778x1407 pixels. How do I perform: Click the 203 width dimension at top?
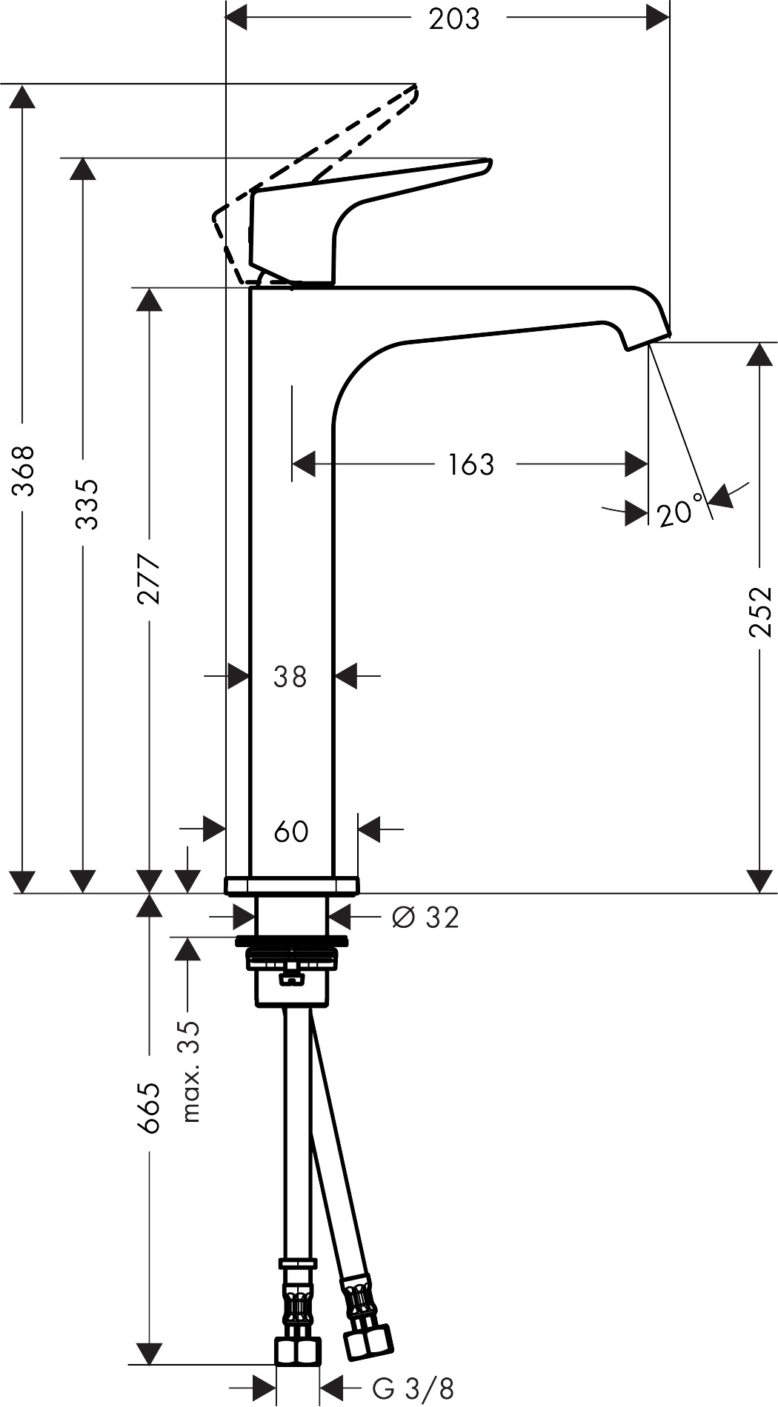[x=454, y=19]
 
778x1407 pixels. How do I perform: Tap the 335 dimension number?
[x=87, y=504]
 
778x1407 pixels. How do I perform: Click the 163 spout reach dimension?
[x=471, y=464]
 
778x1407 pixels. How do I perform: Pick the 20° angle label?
[x=679, y=512]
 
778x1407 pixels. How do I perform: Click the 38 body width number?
[x=290, y=676]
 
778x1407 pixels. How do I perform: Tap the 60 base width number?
[x=291, y=831]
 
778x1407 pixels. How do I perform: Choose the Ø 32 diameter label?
[x=425, y=918]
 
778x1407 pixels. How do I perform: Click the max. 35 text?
[x=191, y=1072]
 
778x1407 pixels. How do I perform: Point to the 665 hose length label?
[x=150, y=1108]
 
